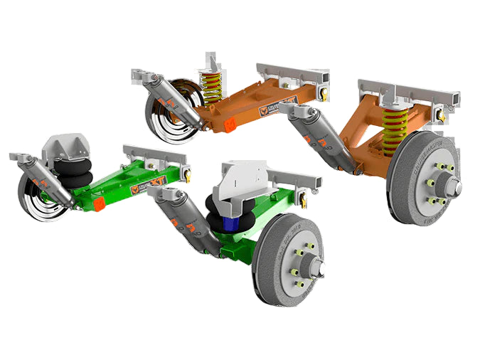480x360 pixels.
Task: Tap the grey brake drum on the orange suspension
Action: [424, 178]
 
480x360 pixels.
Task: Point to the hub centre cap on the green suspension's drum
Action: [317, 269]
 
